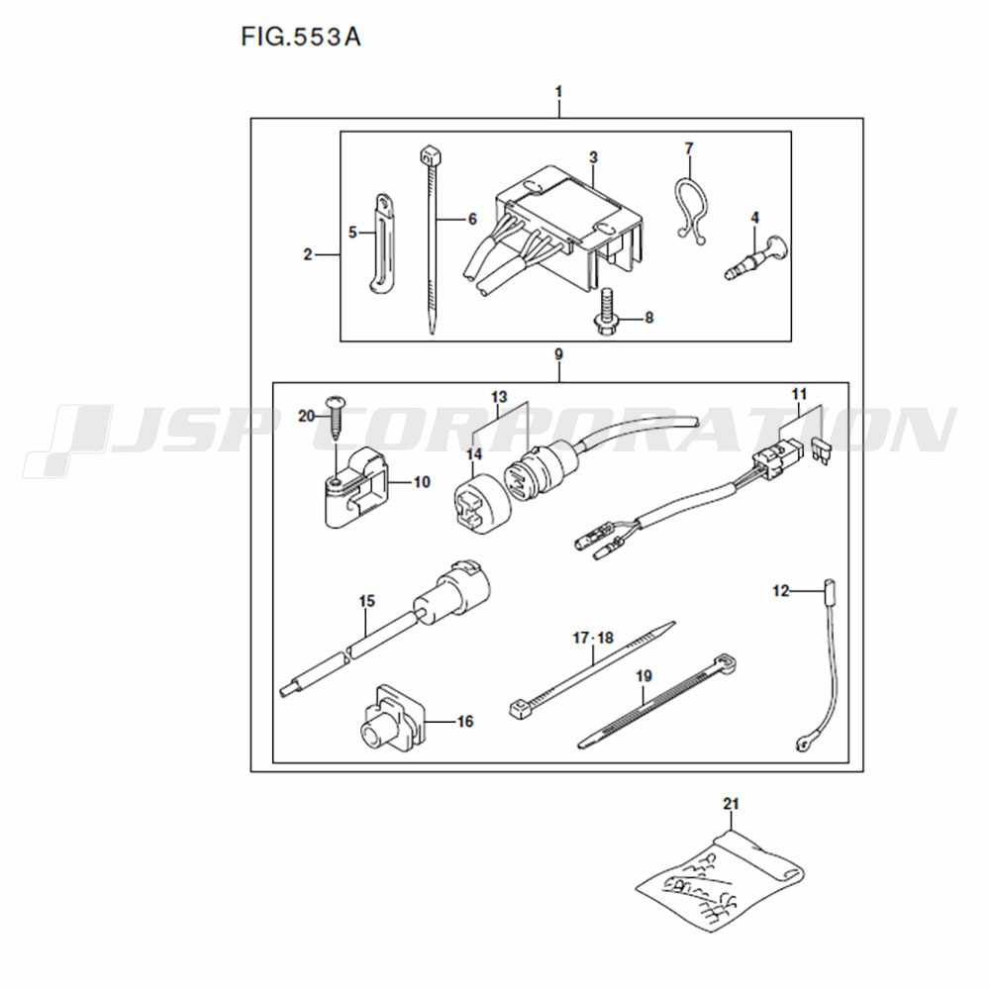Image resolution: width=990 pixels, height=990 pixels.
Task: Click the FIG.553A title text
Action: (x=301, y=38)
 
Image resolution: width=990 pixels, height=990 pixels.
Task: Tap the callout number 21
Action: (x=731, y=804)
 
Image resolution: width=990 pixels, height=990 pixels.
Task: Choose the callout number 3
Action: (x=593, y=157)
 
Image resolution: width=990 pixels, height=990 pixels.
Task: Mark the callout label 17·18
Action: (x=593, y=638)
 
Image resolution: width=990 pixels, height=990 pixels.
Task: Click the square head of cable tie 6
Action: (x=429, y=154)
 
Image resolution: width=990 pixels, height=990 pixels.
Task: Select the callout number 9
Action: (x=558, y=354)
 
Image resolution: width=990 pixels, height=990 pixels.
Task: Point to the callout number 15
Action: (x=367, y=601)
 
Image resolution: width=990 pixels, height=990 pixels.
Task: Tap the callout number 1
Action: (x=558, y=92)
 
